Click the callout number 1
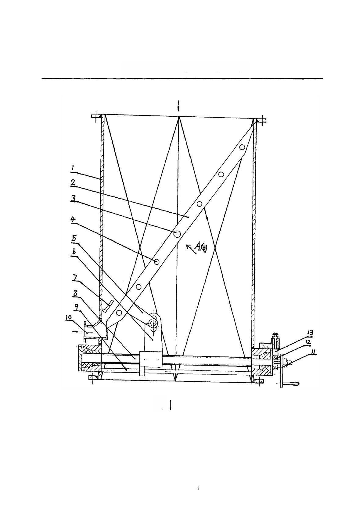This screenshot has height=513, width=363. click(73, 167)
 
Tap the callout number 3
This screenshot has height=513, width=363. click(73, 199)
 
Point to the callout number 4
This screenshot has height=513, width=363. click(73, 219)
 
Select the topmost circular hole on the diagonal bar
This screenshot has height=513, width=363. click(242, 147)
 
